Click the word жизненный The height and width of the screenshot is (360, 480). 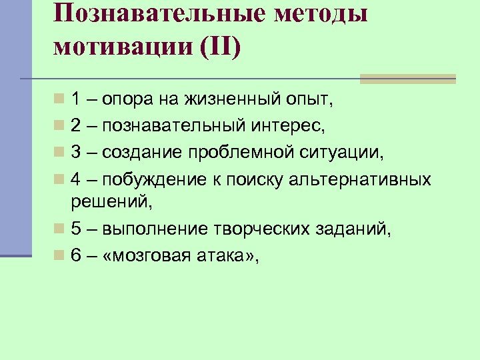pos(222,101)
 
